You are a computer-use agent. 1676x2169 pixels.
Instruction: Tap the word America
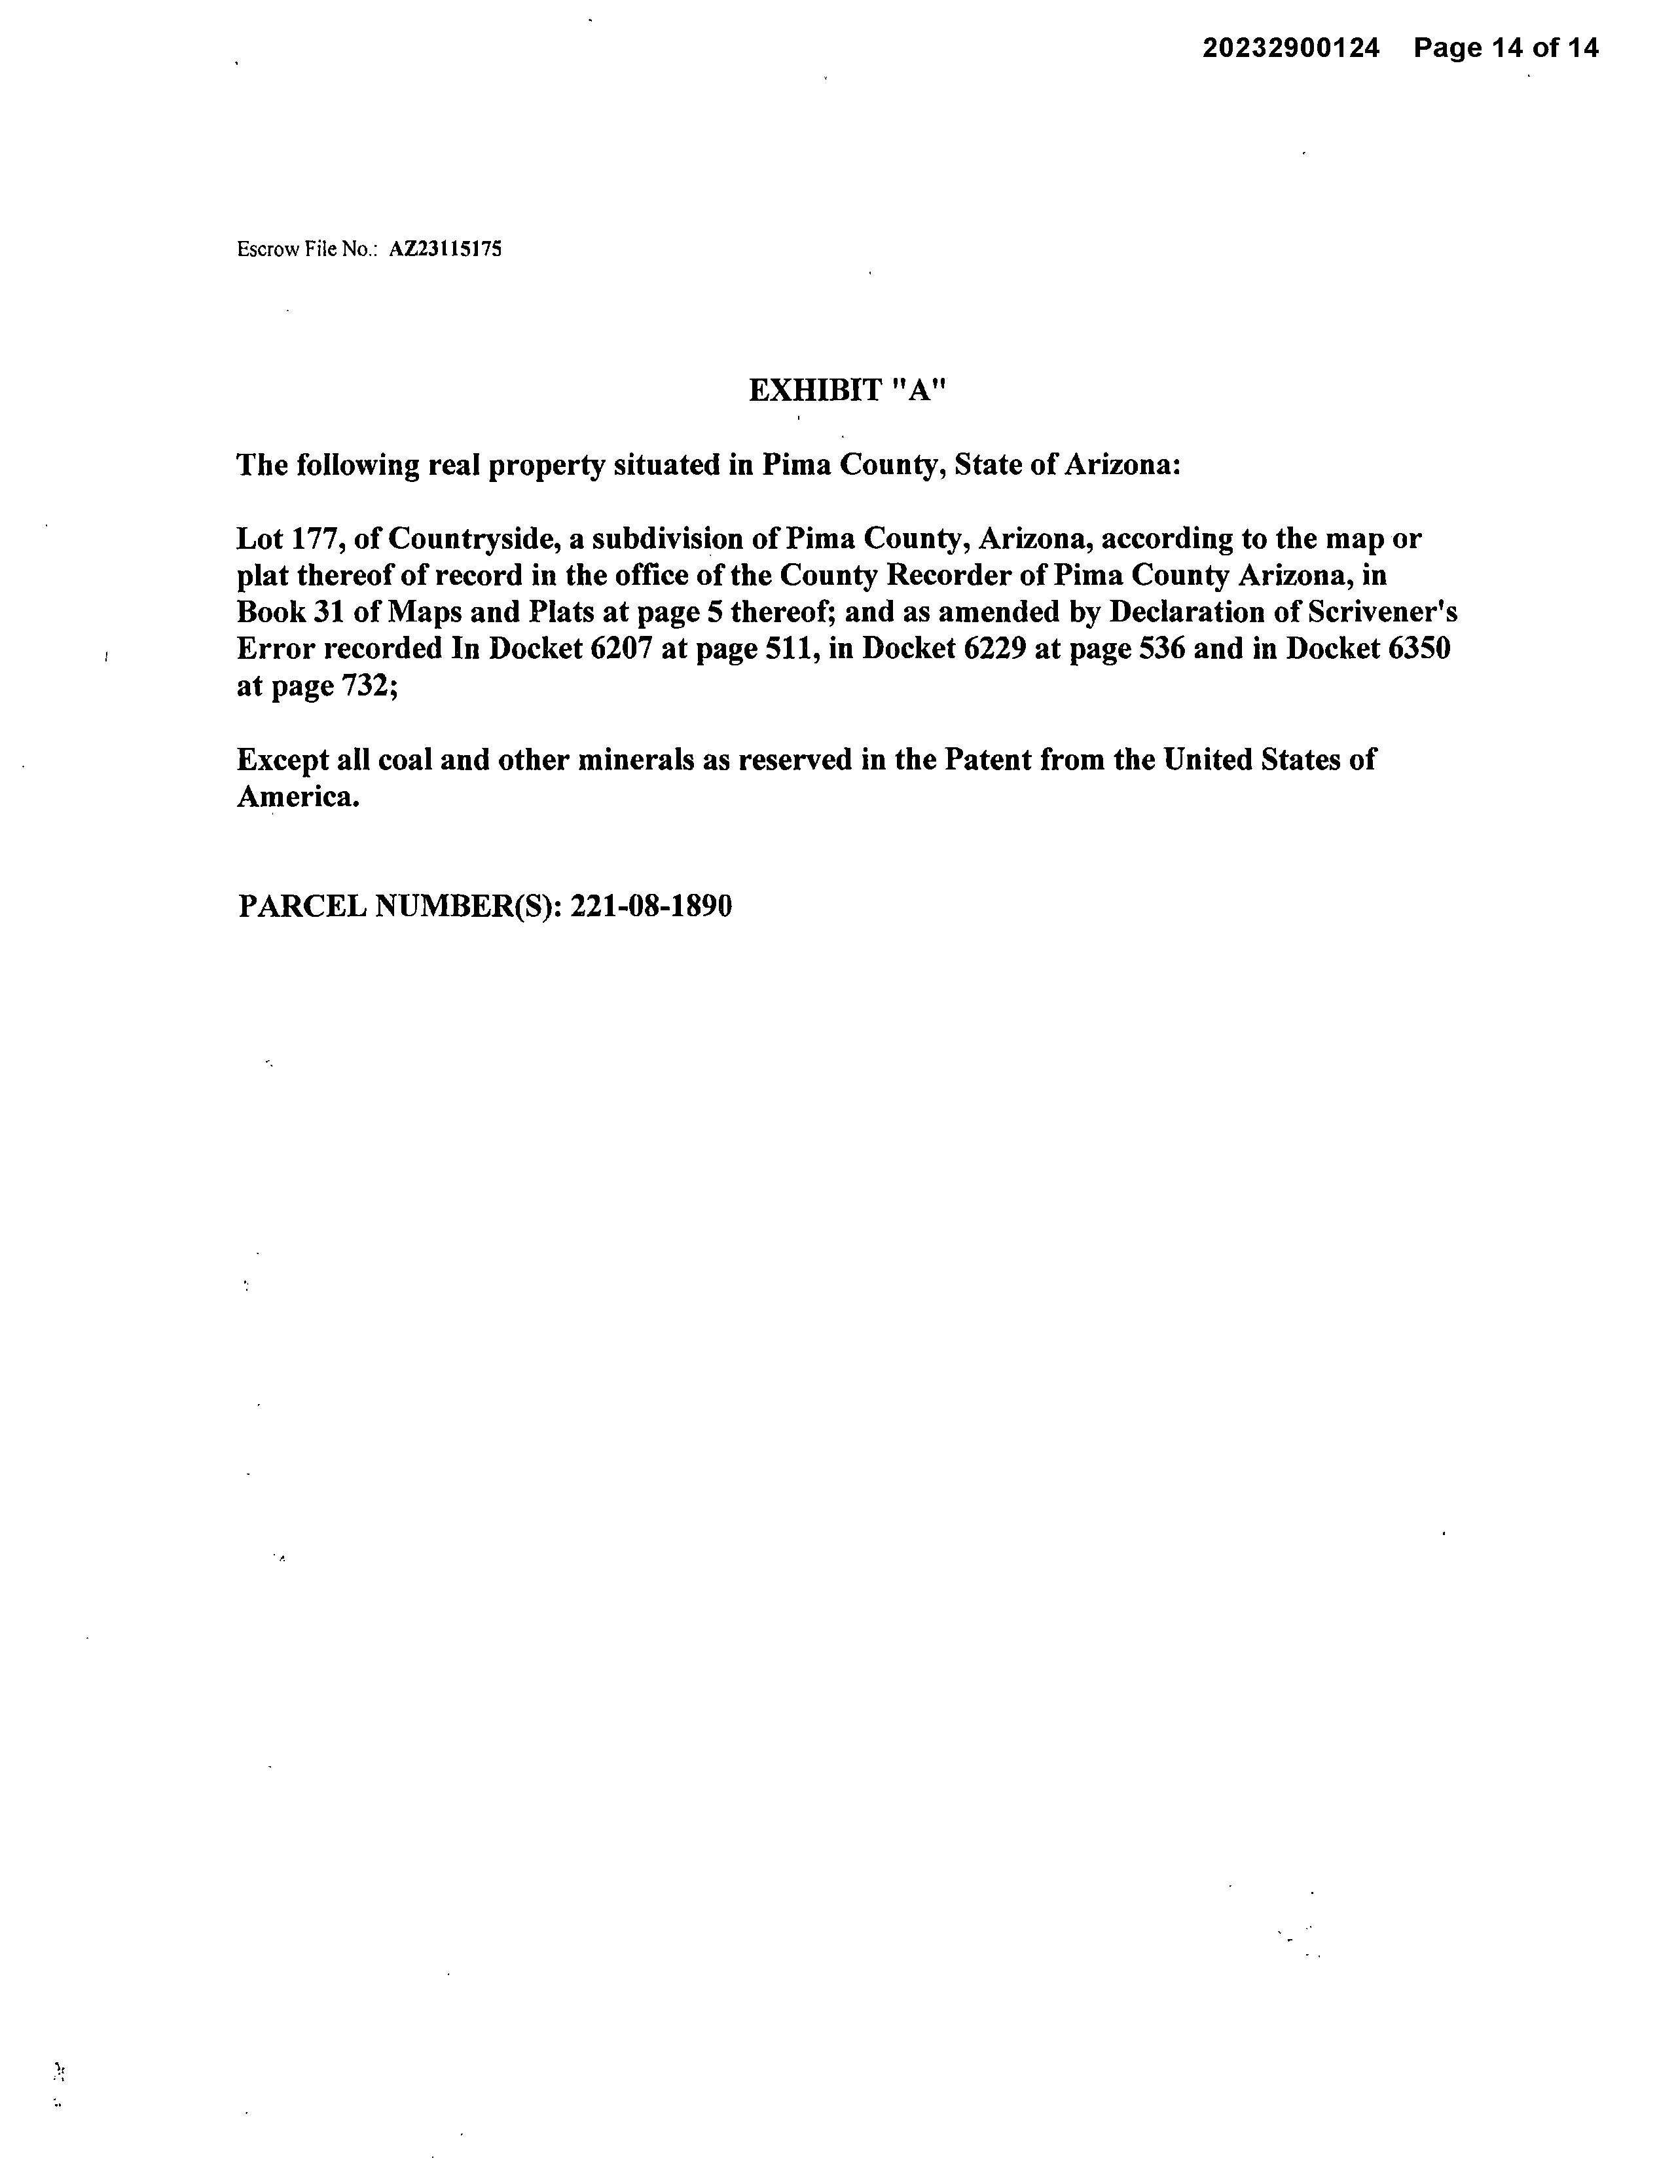coord(297,796)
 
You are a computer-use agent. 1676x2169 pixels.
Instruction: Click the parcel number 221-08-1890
coord(652,906)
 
